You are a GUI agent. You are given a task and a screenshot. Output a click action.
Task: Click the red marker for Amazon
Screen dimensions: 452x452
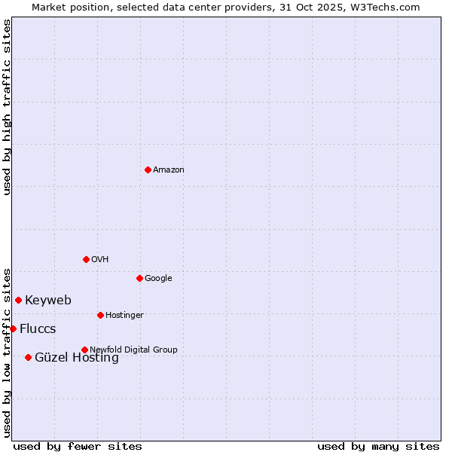(x=148, y=169)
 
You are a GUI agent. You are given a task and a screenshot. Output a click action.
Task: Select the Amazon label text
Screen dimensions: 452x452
(x=169, y=170)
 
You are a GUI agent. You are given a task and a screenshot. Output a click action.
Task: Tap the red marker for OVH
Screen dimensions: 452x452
(x=86, y=259)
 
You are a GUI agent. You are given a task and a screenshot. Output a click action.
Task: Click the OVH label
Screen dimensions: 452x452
(x=100, y=260)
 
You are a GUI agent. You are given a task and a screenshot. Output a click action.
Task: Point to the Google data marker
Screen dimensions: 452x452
(x=139, y=278)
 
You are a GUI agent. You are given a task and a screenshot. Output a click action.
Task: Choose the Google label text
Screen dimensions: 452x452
(x=158, y=279)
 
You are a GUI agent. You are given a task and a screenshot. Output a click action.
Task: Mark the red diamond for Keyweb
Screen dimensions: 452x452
(x=18, y=300)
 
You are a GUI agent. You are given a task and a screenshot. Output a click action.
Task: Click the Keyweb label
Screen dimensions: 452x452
(x=48, y=301)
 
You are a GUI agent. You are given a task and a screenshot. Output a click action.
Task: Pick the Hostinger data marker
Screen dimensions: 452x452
(x=100, y=315)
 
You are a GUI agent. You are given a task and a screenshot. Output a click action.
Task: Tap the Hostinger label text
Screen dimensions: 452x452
(x=124, y=315)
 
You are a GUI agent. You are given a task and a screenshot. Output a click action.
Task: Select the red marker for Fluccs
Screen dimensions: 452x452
(x=13, y=328)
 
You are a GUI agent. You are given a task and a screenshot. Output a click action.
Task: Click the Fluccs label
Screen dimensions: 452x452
(x=38, y=329)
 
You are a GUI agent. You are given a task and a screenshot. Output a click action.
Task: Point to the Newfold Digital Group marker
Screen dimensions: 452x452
(x=84, y=350)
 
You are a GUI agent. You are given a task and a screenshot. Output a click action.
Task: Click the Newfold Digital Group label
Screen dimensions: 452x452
(x=133, y=350)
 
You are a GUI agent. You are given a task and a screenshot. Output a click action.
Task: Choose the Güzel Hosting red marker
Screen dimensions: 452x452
(x=28, y=357)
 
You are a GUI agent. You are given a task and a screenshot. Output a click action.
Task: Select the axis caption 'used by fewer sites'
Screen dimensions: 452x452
(x=78, y=446)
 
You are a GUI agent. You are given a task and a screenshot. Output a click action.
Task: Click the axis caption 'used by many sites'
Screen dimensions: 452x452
(x=378, y=446)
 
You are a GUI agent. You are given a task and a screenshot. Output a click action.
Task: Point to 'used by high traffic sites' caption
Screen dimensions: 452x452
(x=7, y=107)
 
